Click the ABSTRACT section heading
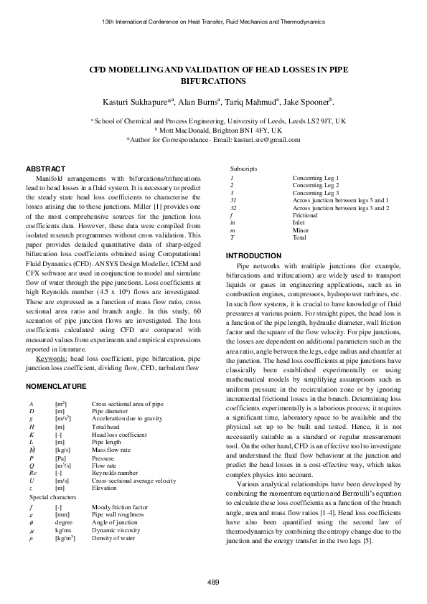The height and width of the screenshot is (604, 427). pos(45,169)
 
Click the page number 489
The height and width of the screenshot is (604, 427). pos(213,581)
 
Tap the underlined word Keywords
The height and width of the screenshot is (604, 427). pos(51,357)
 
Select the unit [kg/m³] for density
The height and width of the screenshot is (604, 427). pos(65,537)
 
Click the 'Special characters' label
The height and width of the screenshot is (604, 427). pos(52,496)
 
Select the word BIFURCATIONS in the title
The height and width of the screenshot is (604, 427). pos(213,83)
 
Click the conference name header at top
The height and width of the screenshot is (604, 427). pos(213,22)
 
